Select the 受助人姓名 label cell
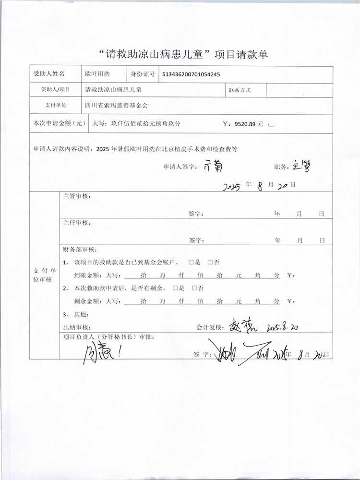(49, 74)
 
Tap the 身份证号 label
(143, 74)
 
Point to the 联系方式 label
(240, 90)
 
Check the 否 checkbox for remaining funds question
(194, 288)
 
